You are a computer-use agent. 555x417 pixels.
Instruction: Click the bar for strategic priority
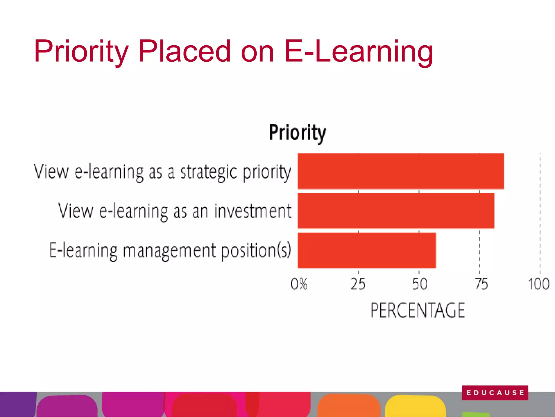(x=401, y=171)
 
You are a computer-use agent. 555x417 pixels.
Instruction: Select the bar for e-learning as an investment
(x=396, y=211)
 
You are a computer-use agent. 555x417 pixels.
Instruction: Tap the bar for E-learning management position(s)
(x=366, y=250)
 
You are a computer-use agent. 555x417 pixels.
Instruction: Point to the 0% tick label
(x=299, y=284)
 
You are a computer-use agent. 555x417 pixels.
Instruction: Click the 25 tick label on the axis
(x=358, y=284)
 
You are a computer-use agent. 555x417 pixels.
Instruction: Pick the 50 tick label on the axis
(x=420, y=284)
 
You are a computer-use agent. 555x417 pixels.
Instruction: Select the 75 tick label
(x=482, y=284)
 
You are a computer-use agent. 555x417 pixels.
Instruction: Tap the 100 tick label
(x=539, y=284)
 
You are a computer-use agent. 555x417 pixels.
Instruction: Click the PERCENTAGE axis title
(x=418, y=310)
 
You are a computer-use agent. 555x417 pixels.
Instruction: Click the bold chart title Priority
(x=297, y=133)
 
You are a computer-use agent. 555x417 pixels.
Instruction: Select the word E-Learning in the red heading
(x=358, y=52)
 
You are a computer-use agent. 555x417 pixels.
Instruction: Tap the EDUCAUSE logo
(x=495, y=393)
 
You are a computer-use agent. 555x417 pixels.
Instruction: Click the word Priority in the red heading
(x=81, y=52)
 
